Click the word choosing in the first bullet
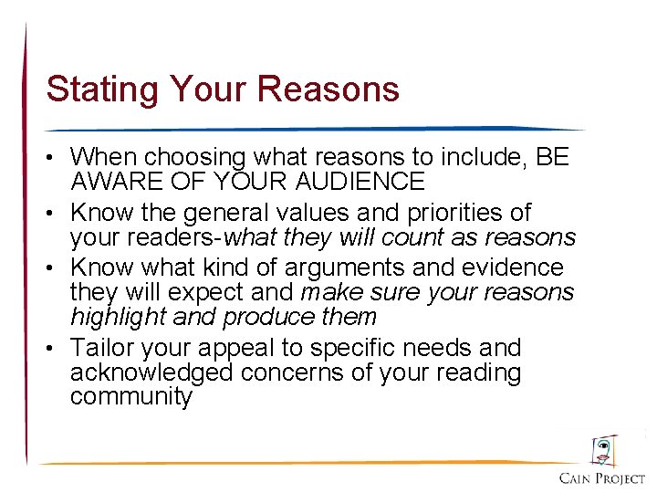pos(190,158)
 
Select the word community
pos(131,398)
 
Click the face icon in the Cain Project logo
pos(603,450)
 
